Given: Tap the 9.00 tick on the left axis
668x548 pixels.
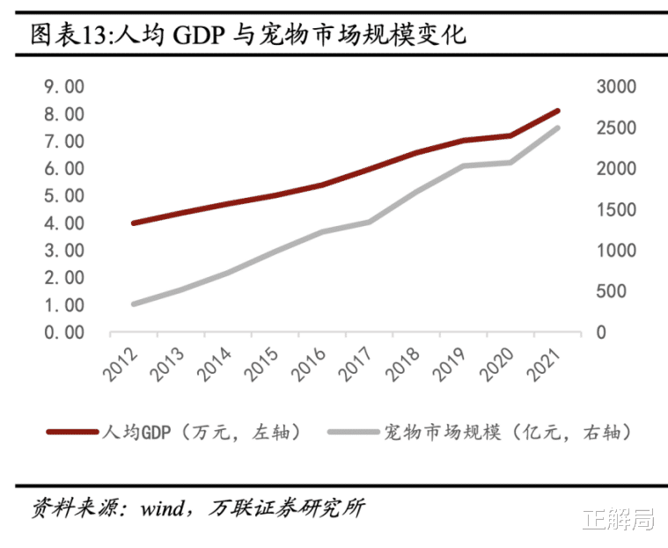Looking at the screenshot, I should coord(64,86).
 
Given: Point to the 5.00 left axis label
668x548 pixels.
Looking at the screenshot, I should coord(64,196).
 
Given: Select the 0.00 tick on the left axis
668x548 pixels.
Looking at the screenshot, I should coord(64,332).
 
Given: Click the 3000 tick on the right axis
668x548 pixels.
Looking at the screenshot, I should coord(615,86).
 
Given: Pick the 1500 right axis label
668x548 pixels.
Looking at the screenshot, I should coord(615,209).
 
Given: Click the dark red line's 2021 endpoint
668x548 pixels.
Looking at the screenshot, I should coord(558,111).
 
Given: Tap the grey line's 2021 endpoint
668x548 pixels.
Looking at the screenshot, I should coord(558,128).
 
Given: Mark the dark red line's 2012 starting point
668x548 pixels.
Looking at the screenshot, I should coord(133,223).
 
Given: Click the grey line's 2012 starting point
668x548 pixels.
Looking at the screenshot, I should coord(133,303).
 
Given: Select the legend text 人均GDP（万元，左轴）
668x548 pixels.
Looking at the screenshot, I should coord(202,432).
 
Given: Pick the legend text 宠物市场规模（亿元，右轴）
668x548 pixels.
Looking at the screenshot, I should coord(507,432).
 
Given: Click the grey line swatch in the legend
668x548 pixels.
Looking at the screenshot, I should coord(353,432).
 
